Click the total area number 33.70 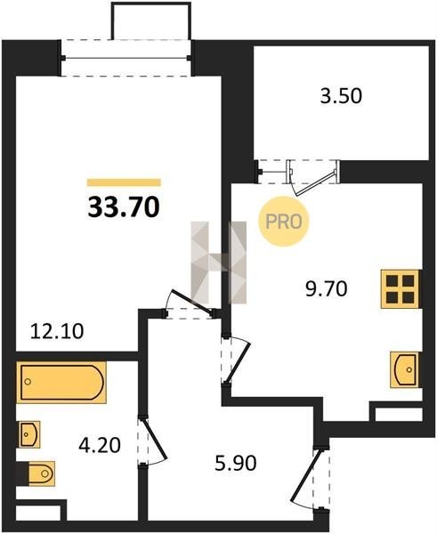coord(124,207)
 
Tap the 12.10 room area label coord(57,331)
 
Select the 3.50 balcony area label coord(341,96)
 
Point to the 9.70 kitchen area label coord(327,289)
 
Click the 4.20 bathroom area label coord(100,446)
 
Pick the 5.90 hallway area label coord(236,463)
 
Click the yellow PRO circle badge coord(283,222)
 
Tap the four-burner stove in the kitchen coord(401,289)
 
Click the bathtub coord(61,383)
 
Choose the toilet coord(38,473)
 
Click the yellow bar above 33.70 coord(124,182)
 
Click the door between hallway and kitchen coord(238,360)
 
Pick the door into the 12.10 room coord(193,302)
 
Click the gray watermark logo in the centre coord(219,263)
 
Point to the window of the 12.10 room coord(125,58)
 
